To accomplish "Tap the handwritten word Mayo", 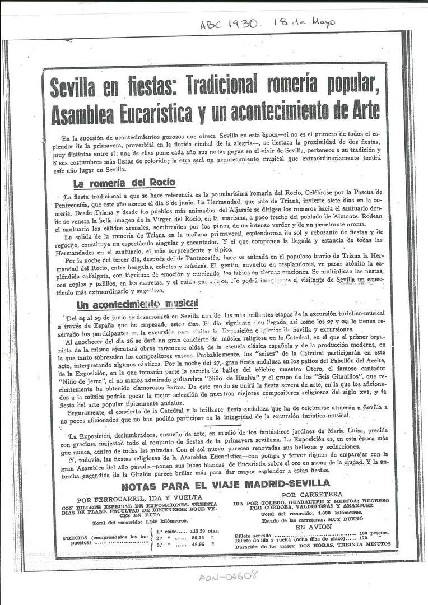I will click(x=321, y=22).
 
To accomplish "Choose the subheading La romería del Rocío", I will click(x=124, y=183).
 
